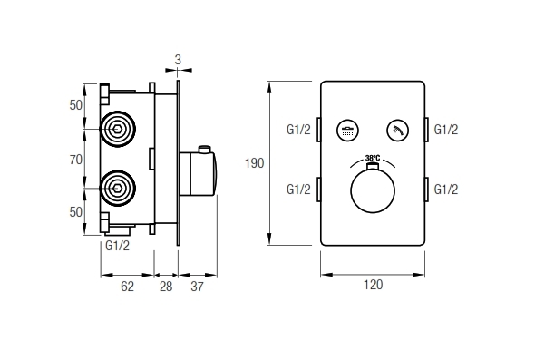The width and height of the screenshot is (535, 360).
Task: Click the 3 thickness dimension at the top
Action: coord(179,60)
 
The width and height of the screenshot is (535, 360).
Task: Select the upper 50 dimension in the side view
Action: coord(76,105)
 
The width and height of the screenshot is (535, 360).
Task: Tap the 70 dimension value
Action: coord(76,160)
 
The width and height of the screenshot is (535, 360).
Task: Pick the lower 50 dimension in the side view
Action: coord(76,211)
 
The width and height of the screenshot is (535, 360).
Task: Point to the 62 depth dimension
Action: coord(127,287)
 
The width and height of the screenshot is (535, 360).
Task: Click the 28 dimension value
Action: coord(165,287)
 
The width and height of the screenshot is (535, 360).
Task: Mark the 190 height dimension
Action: coord(254,163)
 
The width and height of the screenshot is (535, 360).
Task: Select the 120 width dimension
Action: coord(373,285)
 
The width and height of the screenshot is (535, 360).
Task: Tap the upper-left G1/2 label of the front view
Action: coord(298,130)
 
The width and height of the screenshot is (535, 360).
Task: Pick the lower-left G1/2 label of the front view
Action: coord(298,189)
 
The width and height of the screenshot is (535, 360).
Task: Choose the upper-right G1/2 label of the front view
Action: coord(446,130)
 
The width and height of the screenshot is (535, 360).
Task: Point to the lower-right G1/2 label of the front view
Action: coord(446,189)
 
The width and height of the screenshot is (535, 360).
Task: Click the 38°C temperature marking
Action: coord(373,158)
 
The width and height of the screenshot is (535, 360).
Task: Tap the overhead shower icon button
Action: coord(347,130)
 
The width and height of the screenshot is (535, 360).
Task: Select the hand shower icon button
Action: coord(397,130)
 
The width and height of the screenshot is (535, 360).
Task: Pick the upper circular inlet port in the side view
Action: coord(118,129)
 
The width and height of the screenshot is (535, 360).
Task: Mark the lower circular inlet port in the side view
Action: coord(118,189)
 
